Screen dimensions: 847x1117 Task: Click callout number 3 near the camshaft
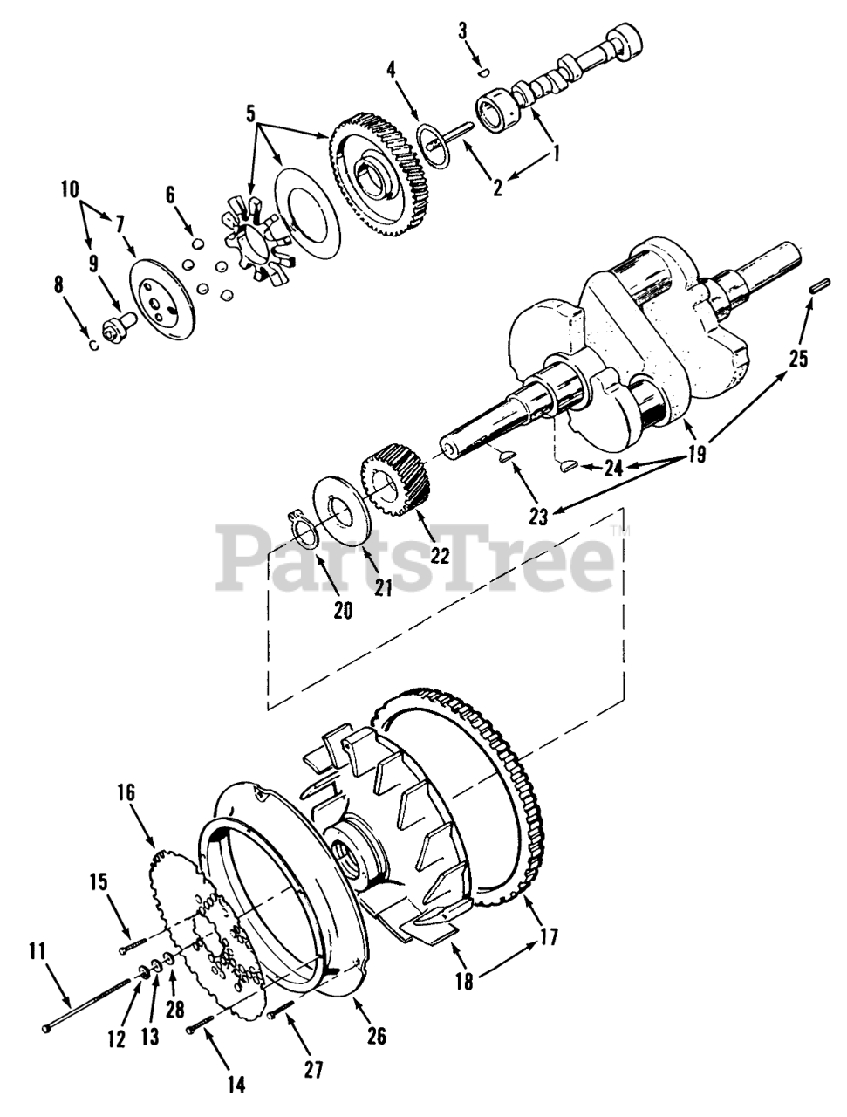(x=462, y=31)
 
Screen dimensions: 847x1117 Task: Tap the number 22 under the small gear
(x=439, y=555)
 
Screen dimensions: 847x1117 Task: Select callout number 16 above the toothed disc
(x=127, y=792)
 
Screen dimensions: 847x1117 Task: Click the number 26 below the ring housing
(x=377, y=1036)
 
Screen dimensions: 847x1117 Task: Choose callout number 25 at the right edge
(x=798, y=357)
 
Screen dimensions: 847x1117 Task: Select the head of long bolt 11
(x=46, y=1030)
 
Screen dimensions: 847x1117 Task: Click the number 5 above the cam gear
(x=250, y=113)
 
